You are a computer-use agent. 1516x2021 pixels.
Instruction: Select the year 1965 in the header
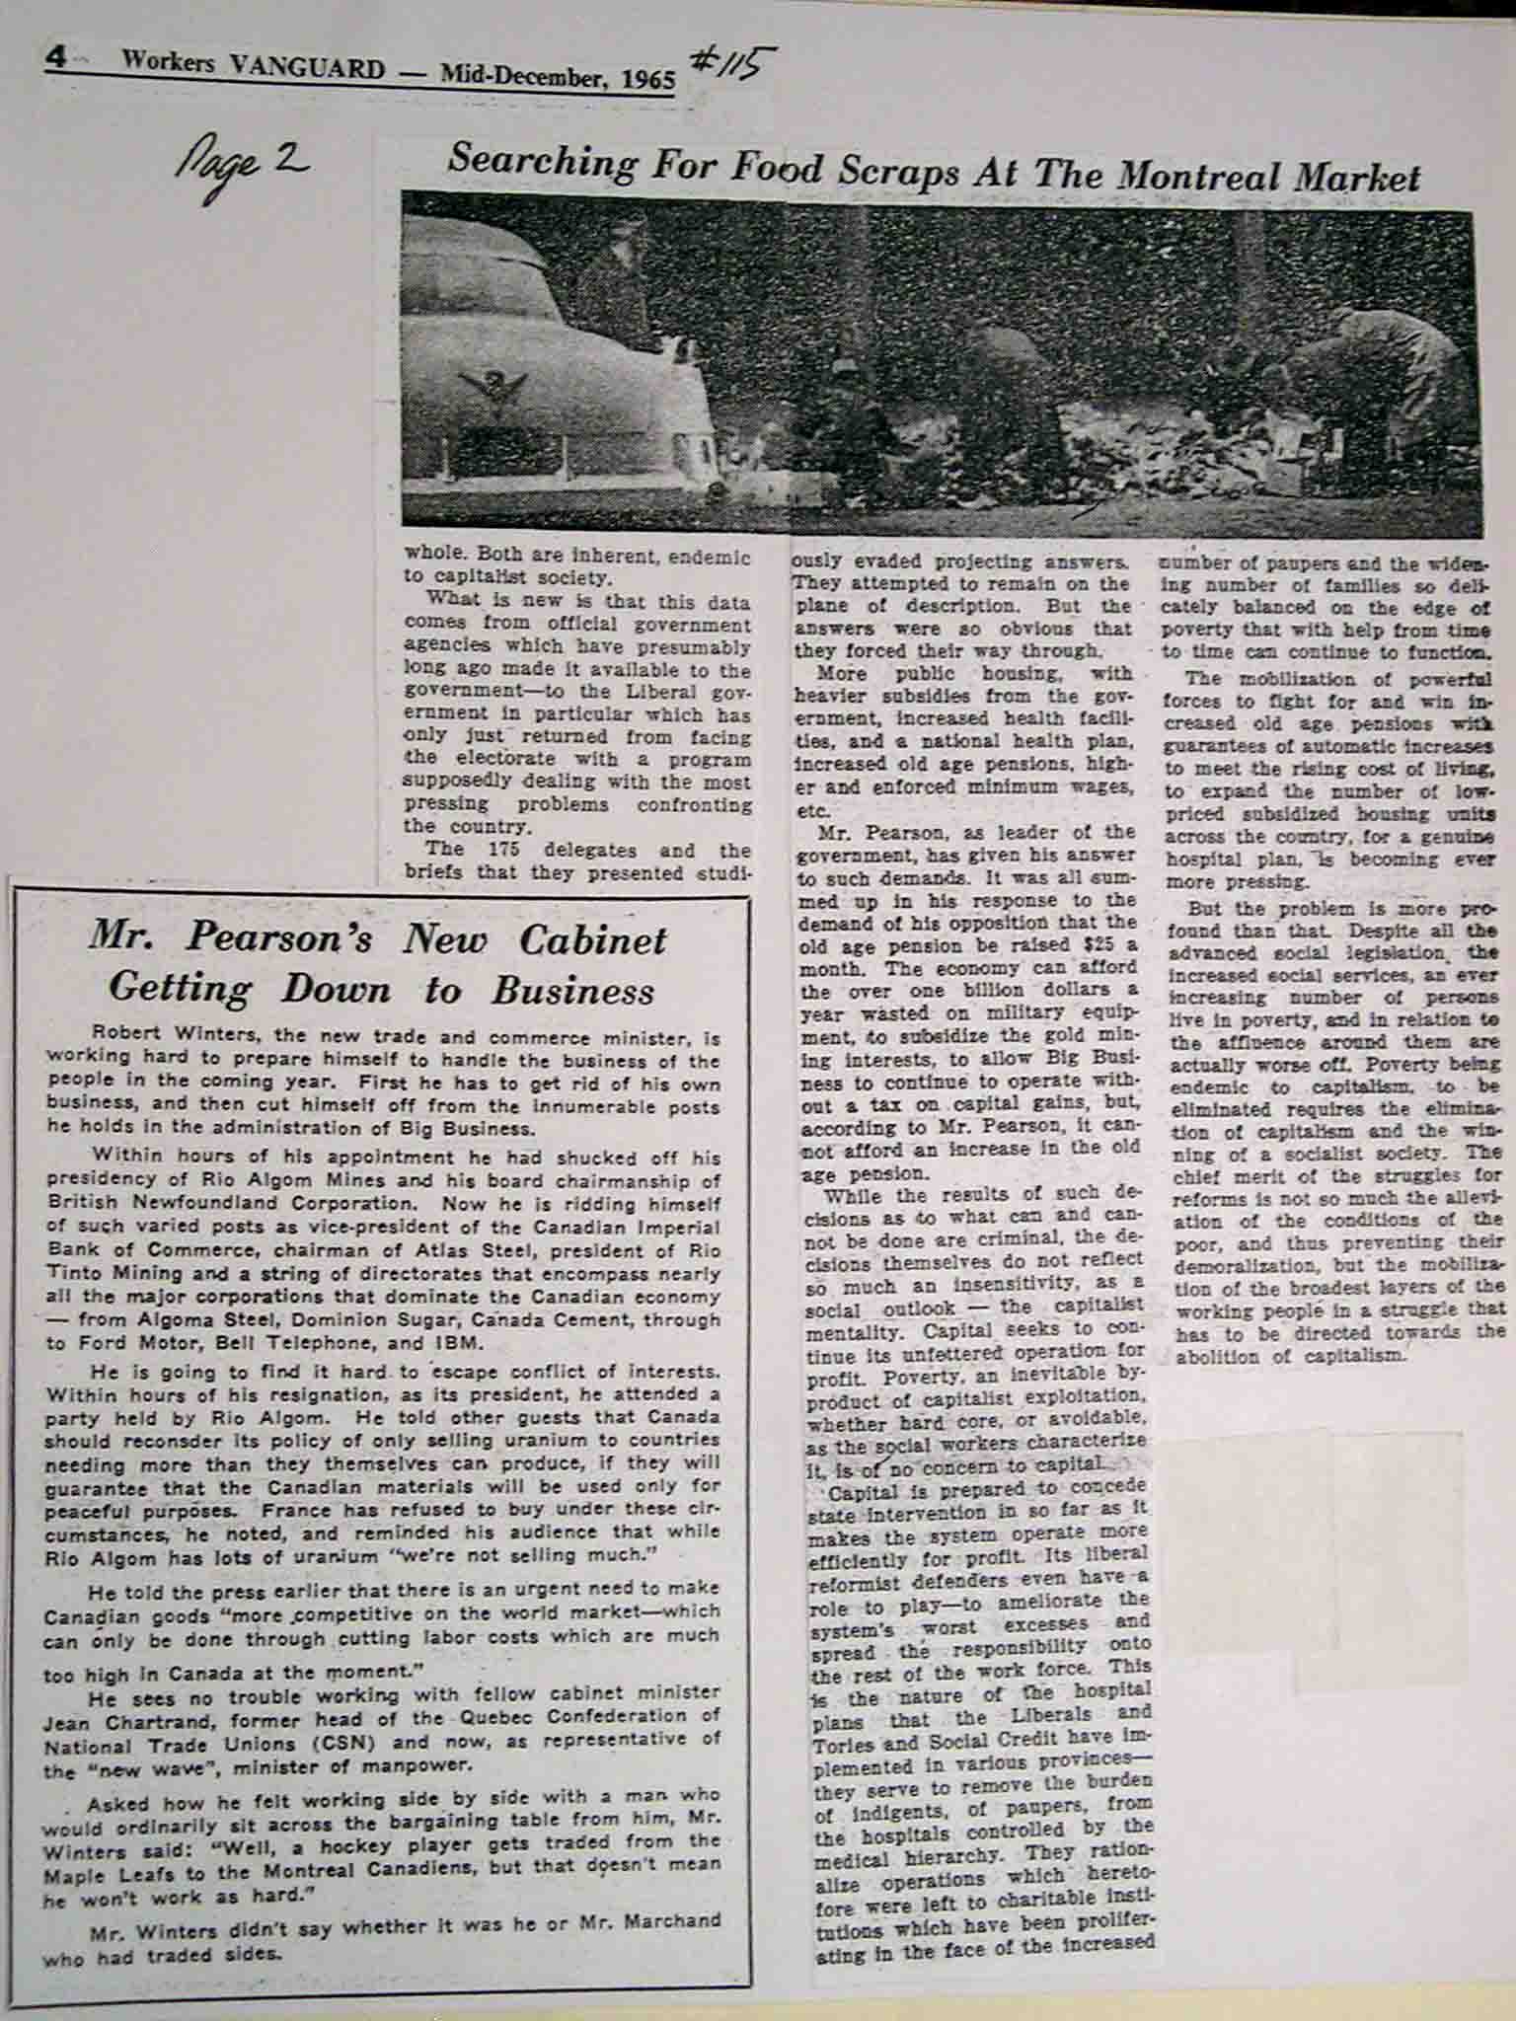(647, 78)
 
